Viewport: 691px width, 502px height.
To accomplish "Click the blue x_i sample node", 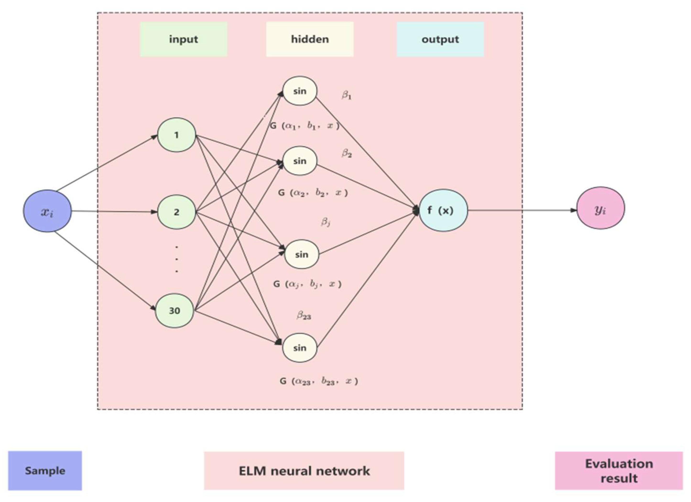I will [48, 211].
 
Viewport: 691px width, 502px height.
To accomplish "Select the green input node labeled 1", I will [176, 135].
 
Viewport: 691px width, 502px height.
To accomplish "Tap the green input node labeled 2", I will [176, 212].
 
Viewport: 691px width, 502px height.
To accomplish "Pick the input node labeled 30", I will [174, 310].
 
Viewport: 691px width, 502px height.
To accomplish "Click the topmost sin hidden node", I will [300, 91].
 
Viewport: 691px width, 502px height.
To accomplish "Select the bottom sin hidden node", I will [300, 348].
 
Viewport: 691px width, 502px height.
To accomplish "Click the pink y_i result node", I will [600, 208].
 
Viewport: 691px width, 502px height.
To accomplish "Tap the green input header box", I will [183, 39].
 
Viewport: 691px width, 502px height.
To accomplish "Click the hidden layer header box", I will [310, 39].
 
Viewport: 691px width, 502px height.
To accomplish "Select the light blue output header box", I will [440, 39].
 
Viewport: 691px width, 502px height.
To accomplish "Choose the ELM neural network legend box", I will [304, 471].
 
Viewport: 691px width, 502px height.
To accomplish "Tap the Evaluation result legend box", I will [619, 471].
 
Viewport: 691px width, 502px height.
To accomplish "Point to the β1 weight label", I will [346, 95].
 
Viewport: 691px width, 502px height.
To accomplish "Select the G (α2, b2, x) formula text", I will [313, 193].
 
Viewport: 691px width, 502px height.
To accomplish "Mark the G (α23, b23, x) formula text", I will [319, 381].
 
